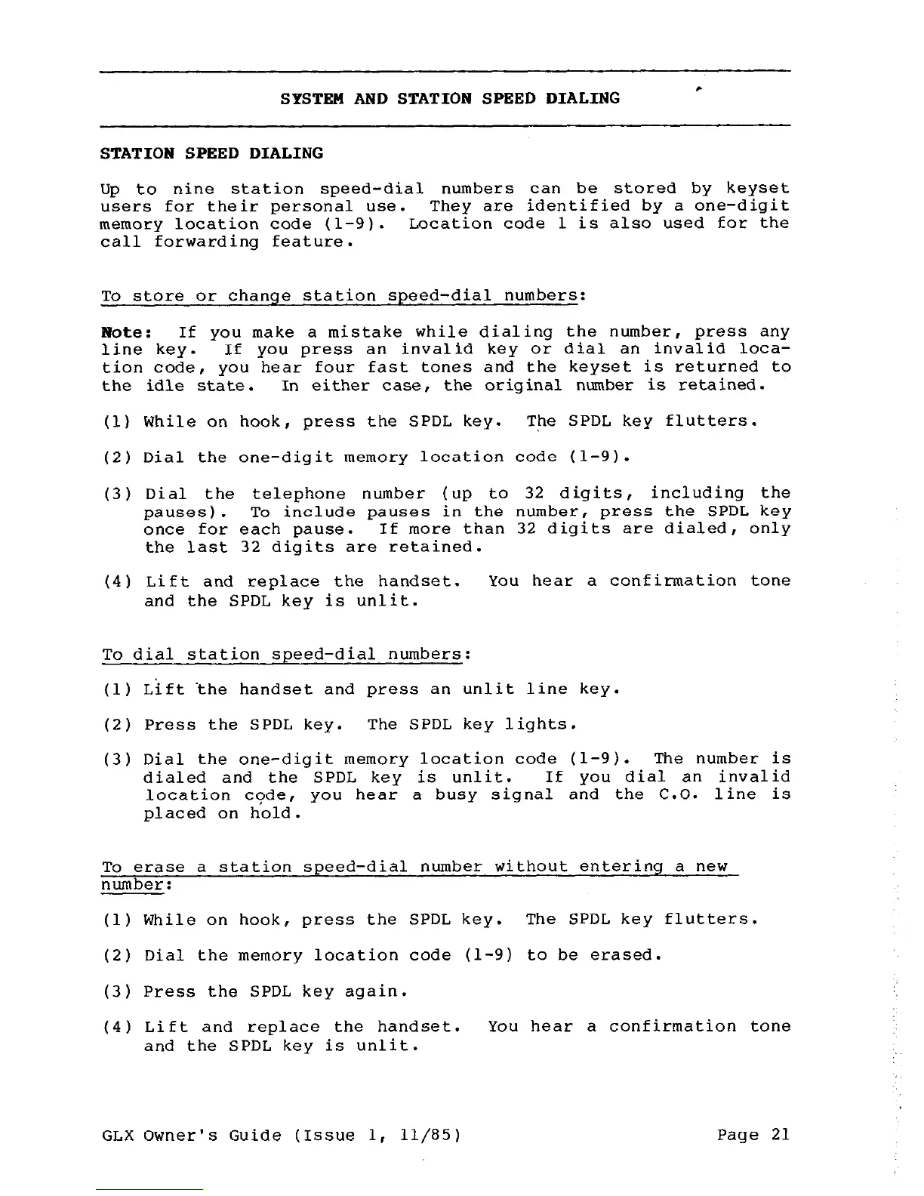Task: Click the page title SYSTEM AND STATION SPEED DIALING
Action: (x=450, y=99)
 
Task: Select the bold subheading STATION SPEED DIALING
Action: (x=211, y=154)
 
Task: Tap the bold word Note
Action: (x=117, y=332)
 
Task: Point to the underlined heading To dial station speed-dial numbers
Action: (x=282, y=655)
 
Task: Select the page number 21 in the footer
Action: (x=780, y=1135)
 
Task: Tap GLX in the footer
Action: (x=116, y=1136)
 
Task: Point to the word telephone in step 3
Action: (x=298, y=494)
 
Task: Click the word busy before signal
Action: (x=455, y=795)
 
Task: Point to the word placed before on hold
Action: (x=174, y=813)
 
